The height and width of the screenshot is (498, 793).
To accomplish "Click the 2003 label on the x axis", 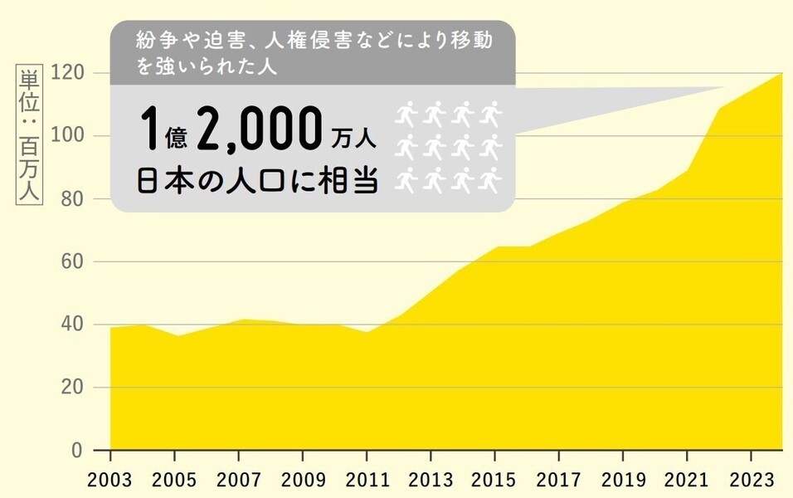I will pos(110,480).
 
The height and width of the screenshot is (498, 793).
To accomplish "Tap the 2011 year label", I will pos(367,480).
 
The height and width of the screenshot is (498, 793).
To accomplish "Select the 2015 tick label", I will pos(494,480).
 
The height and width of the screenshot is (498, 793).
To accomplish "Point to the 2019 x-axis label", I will pos(623,480).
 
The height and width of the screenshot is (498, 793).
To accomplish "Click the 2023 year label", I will pos(751,480).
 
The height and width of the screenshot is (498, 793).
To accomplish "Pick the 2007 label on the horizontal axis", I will pos(239,480).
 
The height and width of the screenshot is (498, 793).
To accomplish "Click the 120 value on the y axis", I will pos(67,73).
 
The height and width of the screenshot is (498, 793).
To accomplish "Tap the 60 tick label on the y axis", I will pos(72,261).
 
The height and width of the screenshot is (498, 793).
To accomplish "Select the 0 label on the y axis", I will pos(77,451).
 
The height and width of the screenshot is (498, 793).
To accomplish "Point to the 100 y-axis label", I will pos(67,136).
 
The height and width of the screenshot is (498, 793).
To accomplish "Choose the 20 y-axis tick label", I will pos(72,388).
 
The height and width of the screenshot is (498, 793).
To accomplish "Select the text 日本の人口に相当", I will pos(257,181).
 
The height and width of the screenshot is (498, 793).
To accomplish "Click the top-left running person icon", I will pos(406,112).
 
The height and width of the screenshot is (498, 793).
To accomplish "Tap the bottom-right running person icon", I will pos(492,178).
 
